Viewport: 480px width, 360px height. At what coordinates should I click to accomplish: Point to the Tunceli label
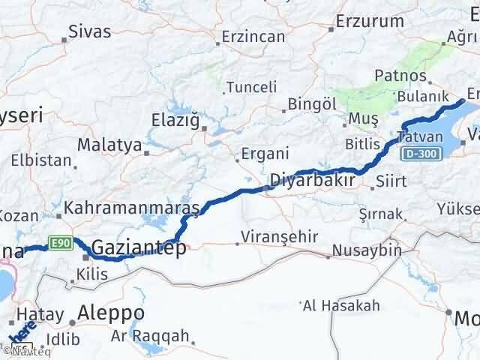click(x=251, y=85)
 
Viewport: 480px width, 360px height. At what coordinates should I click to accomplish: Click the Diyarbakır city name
click(x=311, y=181)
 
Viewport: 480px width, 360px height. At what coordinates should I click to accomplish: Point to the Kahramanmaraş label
click(x=132, y=206)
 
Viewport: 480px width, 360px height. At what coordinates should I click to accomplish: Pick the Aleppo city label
click(x=111, y=313)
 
